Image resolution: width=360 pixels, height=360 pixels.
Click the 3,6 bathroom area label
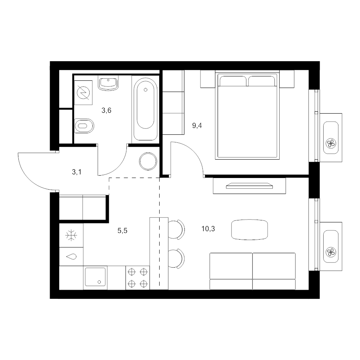[x=106, y=111]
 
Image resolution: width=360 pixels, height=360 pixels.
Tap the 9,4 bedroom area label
[x=197, y=126]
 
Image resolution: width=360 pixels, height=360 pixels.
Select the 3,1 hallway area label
[x=77, y=172]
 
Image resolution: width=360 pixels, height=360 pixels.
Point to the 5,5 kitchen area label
[x=122, y=231]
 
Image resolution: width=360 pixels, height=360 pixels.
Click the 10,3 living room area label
[x=208, y=229]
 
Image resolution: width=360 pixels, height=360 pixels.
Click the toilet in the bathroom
[x=84, y=126]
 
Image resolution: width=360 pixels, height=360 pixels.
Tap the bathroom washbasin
[x=108, y=83]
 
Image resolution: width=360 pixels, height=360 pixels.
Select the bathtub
[x=145, y=109]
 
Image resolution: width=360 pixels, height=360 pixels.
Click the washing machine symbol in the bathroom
[x=84, y=92]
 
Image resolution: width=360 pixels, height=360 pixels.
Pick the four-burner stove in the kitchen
[x=138, y=278]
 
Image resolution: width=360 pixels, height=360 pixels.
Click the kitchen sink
[x=95, y=277]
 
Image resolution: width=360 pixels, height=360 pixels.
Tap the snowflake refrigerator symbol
[x=71, y=235]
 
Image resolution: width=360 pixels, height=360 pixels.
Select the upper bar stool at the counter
[x=176, y=230]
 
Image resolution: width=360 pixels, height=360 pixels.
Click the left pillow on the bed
[x=233, y=81]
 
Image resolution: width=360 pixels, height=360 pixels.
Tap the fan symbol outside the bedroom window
[x=331, y=144]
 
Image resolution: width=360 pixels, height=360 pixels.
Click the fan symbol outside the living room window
[x=331, y=252]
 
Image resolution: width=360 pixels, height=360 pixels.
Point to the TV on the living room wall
[x=250, y=186]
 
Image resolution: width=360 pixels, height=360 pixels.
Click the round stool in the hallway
[x=148, y=161]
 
